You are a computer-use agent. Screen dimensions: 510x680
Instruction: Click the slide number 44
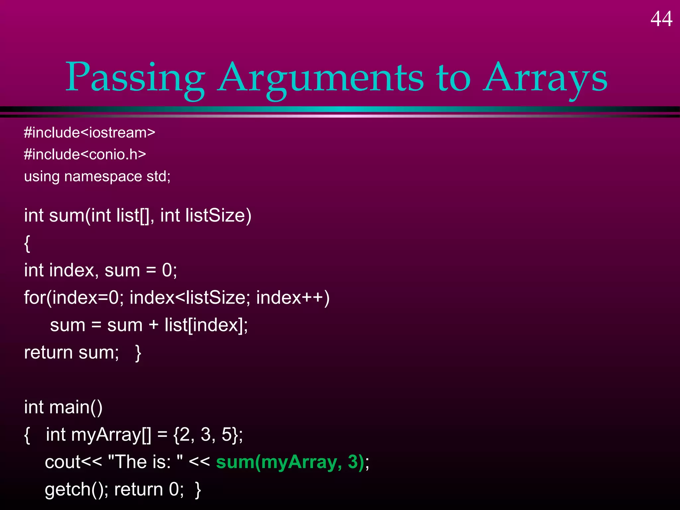pos(661,19)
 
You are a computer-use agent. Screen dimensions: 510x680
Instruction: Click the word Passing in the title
pos(135,78)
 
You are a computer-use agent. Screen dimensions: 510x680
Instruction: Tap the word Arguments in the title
pos(320,78)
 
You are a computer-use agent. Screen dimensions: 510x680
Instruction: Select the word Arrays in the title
pos(545,78)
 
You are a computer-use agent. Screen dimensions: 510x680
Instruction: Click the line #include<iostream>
pos(90,133)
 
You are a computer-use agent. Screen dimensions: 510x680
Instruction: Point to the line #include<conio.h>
pos(85,155)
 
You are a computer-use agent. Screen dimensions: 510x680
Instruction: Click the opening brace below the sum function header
pos(27,243)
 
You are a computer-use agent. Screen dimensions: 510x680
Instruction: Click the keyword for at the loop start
pos(34,297)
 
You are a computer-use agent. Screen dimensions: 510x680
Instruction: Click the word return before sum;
pos(48,353)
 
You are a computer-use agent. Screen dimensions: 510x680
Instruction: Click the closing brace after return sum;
pos(138,353)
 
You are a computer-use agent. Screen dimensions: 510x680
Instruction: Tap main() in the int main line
pos(76,407)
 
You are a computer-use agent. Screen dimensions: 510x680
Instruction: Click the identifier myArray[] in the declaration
pos(111,435)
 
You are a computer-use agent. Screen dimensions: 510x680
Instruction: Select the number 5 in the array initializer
pos(227,435)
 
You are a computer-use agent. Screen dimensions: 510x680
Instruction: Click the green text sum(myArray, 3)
pos(290,462)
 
